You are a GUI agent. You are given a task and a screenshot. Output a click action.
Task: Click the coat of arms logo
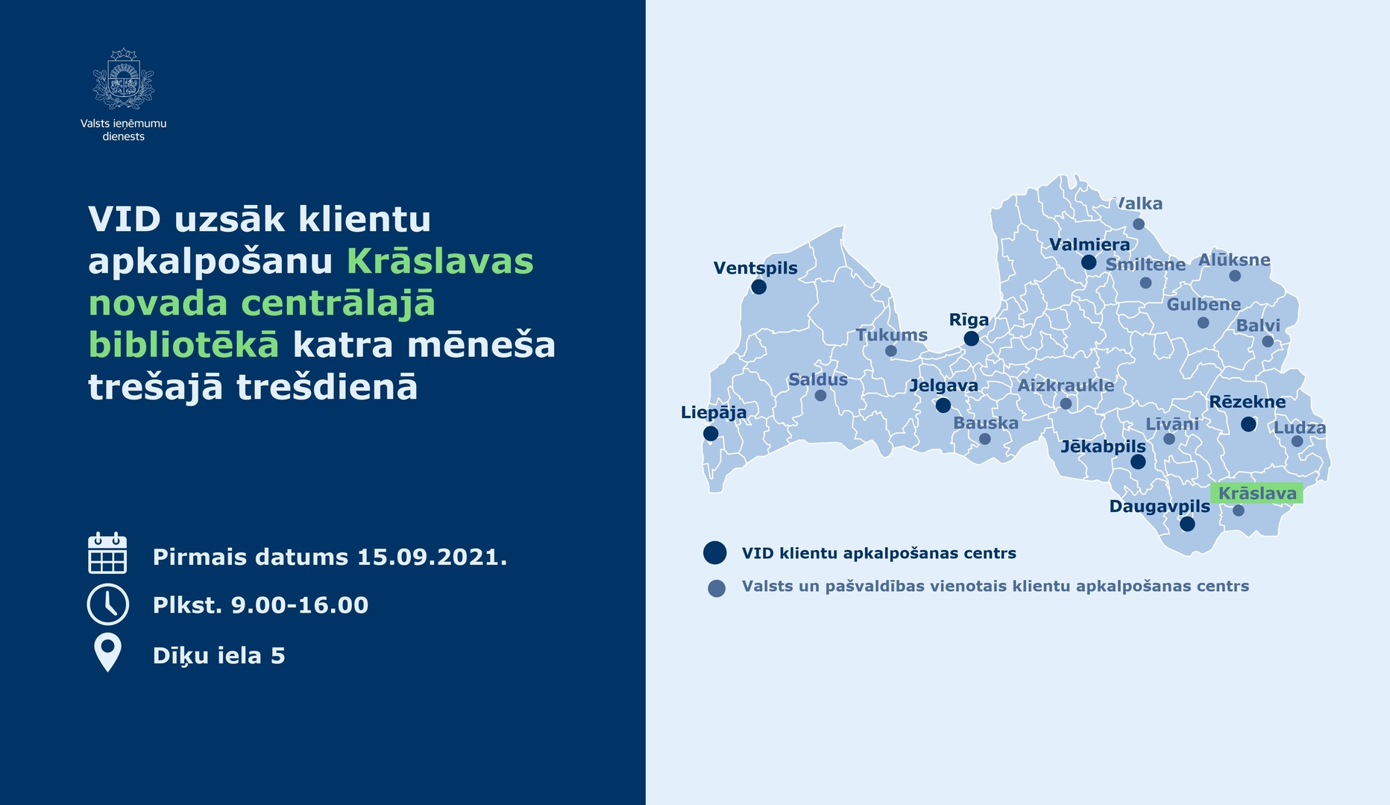click(x=123, y=79)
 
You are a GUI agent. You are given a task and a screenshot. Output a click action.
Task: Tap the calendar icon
click(x=107, y=553)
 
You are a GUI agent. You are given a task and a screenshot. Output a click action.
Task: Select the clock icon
click(x=108, y=604)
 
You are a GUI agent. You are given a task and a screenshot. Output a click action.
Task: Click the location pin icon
click(x=108, y=652)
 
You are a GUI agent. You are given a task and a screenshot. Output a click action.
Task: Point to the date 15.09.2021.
click(x=432, y=557)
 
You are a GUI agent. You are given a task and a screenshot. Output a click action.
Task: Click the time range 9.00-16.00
click(x=299, y=604)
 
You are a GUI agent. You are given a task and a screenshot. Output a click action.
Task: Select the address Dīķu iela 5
click(x=218, y=655)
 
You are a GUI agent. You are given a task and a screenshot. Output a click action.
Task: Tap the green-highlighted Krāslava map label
click(x=1257, y=493)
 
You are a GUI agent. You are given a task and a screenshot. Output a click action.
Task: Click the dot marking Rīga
click(x=971, y=338)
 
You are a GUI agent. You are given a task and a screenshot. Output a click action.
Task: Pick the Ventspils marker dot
click(x=759, y=287)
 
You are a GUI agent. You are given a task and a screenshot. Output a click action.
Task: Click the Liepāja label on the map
click(x=714, y=412)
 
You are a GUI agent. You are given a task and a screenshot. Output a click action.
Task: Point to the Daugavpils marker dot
click(x=1187, y=524)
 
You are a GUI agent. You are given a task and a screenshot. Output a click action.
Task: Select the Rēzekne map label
click(x=1247, y=402)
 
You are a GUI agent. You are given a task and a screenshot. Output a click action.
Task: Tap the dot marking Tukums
click(x=890, y=351)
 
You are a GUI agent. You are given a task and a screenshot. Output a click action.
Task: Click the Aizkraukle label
click(x=1066, y=385)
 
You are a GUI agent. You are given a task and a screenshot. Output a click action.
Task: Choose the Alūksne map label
click(x=1234, y=259)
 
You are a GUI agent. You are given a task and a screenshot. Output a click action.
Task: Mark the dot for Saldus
click(x=820, y=396)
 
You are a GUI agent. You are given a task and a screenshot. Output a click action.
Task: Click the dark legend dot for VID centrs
click(x=714, y=552)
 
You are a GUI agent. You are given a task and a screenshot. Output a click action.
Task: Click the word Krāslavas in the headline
click(x=440, y=261)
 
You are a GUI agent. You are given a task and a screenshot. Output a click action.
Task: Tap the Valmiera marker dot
click(x=1089, y=262)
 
